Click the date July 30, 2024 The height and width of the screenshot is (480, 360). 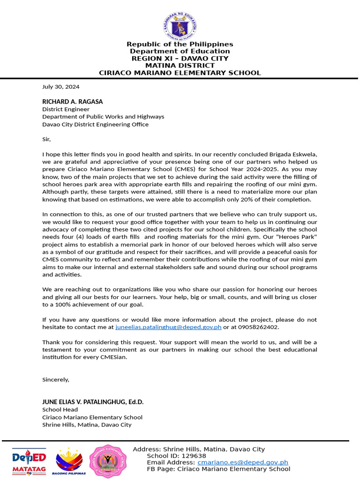60,87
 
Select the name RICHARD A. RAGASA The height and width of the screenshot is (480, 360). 72,102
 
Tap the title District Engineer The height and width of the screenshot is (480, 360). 66,109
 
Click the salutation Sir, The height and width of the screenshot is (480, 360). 46,139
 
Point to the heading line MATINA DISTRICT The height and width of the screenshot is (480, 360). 180,66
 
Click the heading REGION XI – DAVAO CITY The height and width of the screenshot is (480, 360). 180,59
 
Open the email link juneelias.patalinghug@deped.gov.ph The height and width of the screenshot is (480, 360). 168,327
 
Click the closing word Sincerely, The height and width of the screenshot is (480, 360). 55,379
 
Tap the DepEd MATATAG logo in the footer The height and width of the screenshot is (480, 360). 29,461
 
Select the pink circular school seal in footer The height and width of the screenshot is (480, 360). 108,461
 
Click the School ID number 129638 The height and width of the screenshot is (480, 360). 194,456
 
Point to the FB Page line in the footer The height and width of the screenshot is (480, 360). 218,469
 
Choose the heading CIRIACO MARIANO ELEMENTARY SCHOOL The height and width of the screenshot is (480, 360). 180,73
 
